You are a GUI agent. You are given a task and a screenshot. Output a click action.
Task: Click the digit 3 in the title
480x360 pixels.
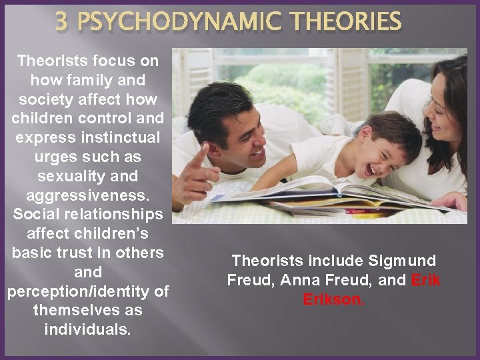point(62,21)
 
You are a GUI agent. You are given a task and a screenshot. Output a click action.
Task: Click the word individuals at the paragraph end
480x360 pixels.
point(87,330)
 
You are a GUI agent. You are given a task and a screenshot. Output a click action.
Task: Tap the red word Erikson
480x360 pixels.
point(334,300)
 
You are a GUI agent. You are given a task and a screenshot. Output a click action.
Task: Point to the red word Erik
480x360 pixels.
point(426,280)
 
